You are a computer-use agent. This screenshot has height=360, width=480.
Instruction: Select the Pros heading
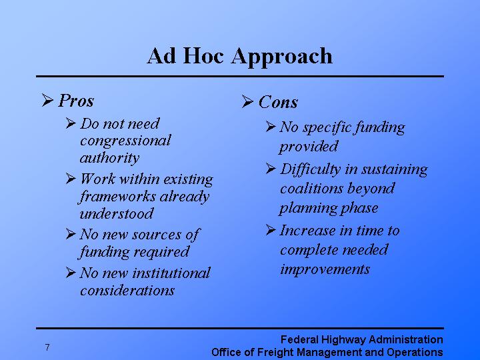pyautogui.click(x=76, y=101)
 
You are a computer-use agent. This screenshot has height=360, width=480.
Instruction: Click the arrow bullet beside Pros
pyautogui.click(x=47, y=101)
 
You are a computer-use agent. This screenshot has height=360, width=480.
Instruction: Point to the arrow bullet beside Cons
pyautogui.click(x=247, y=102)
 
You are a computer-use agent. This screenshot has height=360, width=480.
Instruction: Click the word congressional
pyautogui.click(x=125, y=141)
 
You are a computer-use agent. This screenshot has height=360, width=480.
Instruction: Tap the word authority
pyautogui.click(x=109, y=158)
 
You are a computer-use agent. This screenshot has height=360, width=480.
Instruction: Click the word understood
pyautogui.click(x=116, y=214)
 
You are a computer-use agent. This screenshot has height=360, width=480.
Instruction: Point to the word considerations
pyautogui.click(x=127, y=291)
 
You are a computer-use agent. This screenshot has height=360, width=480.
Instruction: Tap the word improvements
pyautogui.click(x=324, y=269)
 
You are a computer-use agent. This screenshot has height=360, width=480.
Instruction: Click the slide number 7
pyautogui.click(x=47, y=347)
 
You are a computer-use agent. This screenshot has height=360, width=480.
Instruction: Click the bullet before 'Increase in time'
pyautogui.click(x=270, y=230)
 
